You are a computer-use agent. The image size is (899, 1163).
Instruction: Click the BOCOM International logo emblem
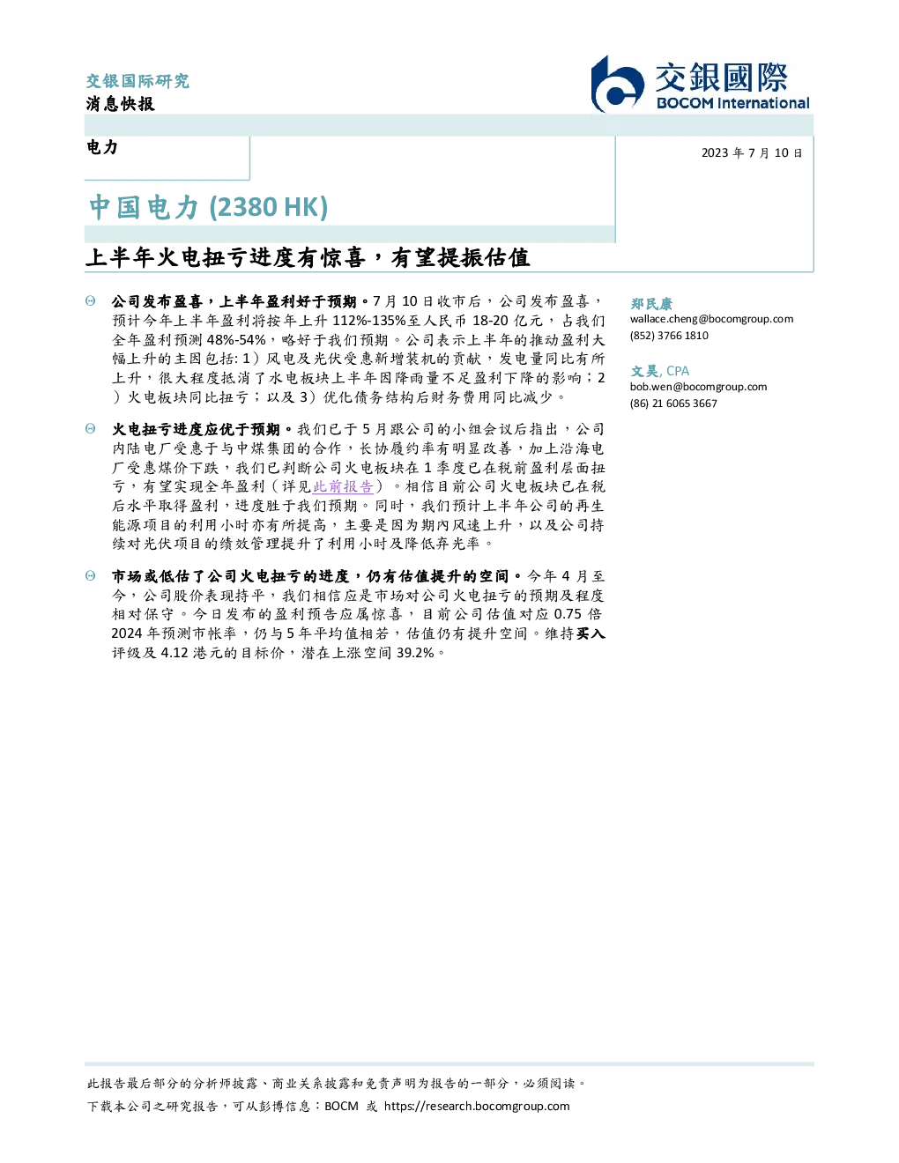pyautogui.click(x=617, y=85)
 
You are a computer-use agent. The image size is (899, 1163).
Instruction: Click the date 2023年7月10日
pyautogui.click(x=752, y=153)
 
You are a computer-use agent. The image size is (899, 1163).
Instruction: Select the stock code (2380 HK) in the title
pyautogui.click(x=268, y=207)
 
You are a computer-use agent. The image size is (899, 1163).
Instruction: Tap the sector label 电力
pyautogui.click(x=102, y=147)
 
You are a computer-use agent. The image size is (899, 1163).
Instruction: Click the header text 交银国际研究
pyautogui.click(x=137, y=81)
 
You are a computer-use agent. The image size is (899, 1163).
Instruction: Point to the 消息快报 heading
pyautogui.click(x=121, y=103)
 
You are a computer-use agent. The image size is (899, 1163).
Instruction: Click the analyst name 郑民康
pyautogui.click(x=651, y=303)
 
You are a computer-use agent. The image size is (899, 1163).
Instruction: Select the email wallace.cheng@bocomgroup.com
pyautogui.click(x=711, y=319)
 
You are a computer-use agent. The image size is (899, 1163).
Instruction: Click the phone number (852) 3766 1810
pyautogui.click(x=669, y=336)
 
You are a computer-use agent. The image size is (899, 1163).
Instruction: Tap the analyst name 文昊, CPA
pyautogui.click(x=659, y=371)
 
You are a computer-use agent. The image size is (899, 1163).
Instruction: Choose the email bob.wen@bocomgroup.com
pyautogui.click(x=698, y=387)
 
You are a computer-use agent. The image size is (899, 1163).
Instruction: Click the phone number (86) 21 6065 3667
pyautogui.click(x=673, y=404)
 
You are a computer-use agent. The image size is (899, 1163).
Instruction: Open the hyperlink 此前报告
pyautogui.click(x=343, y=486)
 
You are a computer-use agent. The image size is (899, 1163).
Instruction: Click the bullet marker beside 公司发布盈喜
pyautogui.click(x=91, y=301)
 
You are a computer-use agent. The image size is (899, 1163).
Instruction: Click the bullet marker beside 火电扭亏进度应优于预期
pyautogui.click(x=91, y=429)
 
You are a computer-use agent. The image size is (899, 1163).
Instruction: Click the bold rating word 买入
pyautogui.click(x=591, y=633)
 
